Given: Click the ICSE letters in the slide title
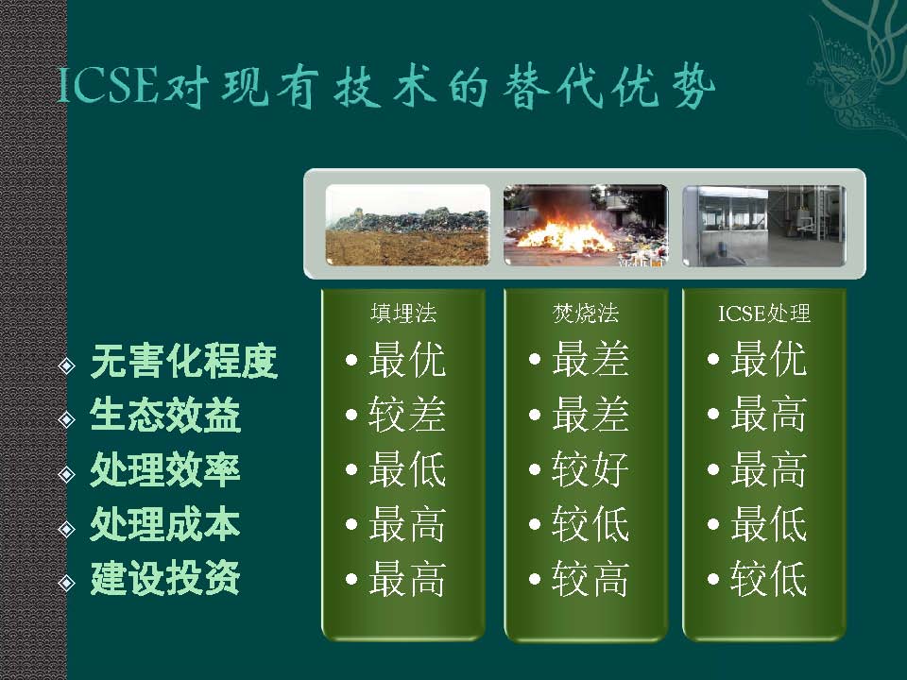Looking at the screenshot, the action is pos(108,87).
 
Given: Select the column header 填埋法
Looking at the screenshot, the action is pos(403,314).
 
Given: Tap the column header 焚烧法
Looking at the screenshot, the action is pos(586,314).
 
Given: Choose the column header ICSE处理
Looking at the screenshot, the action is pos(764,314).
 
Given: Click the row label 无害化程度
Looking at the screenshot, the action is pos(184,362).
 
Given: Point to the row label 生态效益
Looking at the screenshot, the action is pos(165,416).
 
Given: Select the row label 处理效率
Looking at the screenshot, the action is pos(165,469).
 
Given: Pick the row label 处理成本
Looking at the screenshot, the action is pos(165,524).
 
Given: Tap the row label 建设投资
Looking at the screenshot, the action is pos(165,578).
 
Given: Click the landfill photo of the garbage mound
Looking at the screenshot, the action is pos(408,225).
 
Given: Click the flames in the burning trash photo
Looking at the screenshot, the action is pos(564,234).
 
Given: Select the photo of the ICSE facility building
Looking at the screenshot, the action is pos(764,225).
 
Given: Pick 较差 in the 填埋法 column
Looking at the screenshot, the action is pos(406,414).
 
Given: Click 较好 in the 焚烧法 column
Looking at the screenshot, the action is pos(590,469).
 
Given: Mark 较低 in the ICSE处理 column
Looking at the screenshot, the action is pos(768,578).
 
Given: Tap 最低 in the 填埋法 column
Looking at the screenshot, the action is pos(406,469).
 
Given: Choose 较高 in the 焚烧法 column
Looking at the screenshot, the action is pos(590,578).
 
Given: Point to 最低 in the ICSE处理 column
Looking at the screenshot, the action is pos(768,524).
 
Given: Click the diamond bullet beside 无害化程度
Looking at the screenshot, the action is pos(67,365).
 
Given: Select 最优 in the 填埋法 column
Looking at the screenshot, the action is pos(406,359).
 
